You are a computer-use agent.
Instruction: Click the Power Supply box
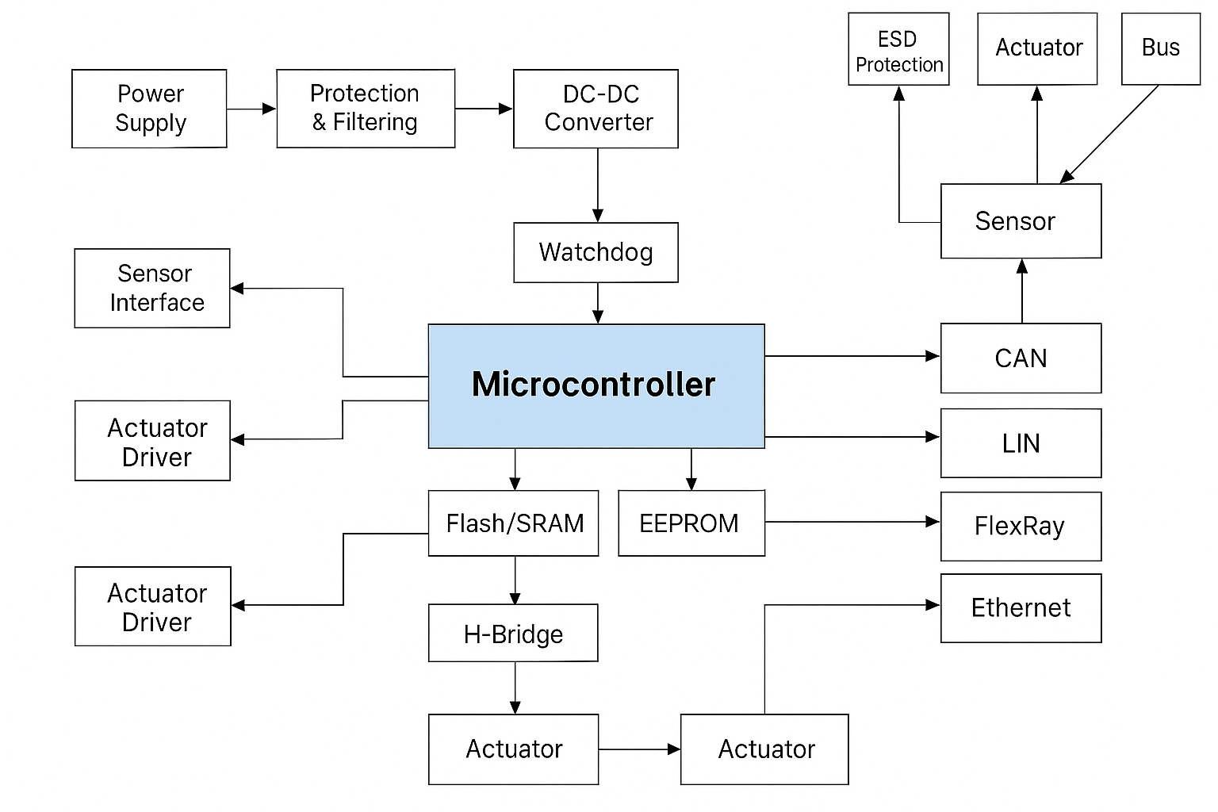tap(149, 109)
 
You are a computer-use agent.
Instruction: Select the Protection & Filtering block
tap(366, 109)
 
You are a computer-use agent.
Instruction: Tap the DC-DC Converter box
tap(596, 109)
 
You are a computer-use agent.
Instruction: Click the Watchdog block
tap(596, 252)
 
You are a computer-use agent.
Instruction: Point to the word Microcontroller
tap(593, 385)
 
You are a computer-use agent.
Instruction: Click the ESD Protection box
tap(898, 49)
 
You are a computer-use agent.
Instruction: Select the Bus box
tap(1160, 48)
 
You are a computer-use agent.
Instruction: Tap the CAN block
tap(1021, 358)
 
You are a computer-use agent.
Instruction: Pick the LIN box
tap(1021, 443)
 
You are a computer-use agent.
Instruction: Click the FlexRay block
tap(1021, 527)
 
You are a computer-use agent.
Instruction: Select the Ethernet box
tap(1021, 608)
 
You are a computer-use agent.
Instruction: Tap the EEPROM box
tap(691, 523)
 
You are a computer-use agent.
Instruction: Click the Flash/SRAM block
tap(514, 523)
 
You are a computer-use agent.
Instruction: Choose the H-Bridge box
tap(513, 634)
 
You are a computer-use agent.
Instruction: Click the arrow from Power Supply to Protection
tap(251, 109)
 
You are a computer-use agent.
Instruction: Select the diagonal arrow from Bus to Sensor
tap(1110, 133)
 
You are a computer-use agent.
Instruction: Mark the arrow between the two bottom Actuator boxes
tap(639, 749)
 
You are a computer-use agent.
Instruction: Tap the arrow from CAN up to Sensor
tap(1022, 291)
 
